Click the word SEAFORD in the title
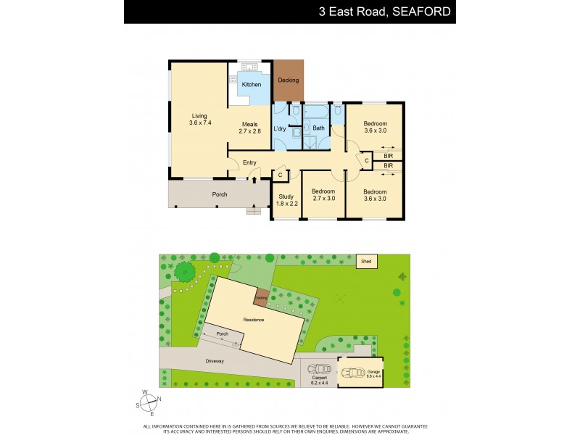423,12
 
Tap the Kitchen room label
252,85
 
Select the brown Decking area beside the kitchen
289,80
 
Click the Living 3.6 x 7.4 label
199,120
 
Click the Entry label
249,162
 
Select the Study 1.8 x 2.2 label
286,200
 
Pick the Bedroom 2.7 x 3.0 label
323,195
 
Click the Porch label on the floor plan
219,194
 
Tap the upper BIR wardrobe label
388,154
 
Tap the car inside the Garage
355,373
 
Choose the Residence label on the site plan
253,320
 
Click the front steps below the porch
253,211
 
